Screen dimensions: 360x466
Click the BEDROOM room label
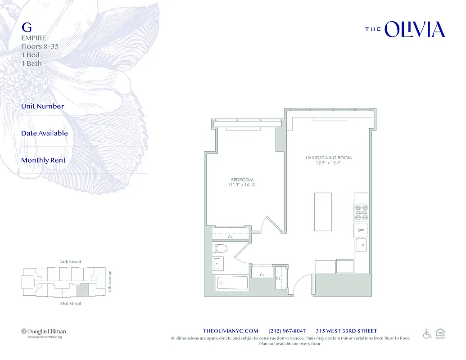pyautogui.click(x=242, y=180)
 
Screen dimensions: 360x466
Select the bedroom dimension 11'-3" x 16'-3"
pyautogui.click(x=242, y=185)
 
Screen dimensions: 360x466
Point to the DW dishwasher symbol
pyautogui.click(x=361, y=230)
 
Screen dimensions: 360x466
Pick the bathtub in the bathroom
pyautogui.click(x=233, y=283)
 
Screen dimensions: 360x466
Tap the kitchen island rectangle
pyautogui.click(x=323, y=211)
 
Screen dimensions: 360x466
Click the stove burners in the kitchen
pyautogui.click(x=361, y=212)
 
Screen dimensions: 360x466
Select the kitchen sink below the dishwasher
pyautogui.click(x=361, y=246)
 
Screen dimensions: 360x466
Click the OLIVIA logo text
pyautogui.click(x=415, y=29)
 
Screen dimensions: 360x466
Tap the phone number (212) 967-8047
pyautogui.click(x=287, y=331)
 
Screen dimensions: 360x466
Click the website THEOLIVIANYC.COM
pyautogui.click(x=231, y=331)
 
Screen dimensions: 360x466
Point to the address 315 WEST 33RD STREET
pyautogui.click(x=346, y=331)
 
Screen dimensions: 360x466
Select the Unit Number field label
pyautogui.click(x=43, y=106)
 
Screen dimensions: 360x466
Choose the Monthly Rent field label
pyautogui.click(x=43, y=160)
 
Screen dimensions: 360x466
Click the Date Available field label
pyautogui.click(x=45, y=133)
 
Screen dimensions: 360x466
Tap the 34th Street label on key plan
pyautogui.click(x=70, y=262)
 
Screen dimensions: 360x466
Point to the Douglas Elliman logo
pyautogui.click(x=44, y=332)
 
